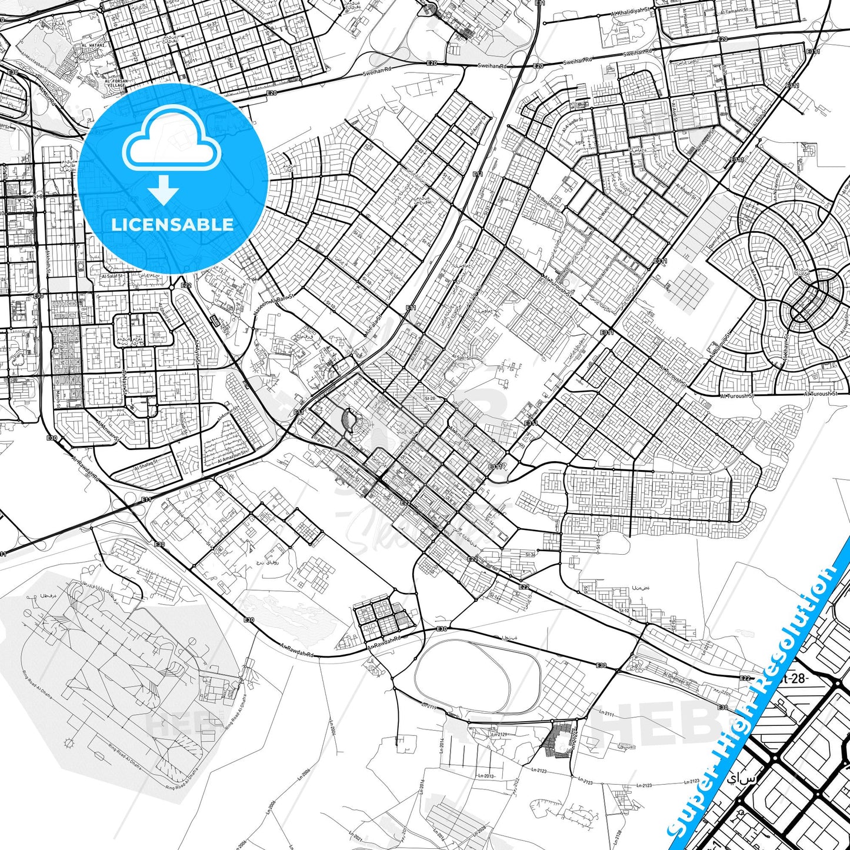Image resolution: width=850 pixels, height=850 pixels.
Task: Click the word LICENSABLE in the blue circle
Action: point(172,225)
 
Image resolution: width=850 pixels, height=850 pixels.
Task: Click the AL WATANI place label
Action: point(92,45)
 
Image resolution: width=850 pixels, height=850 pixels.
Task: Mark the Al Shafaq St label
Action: point(145,465)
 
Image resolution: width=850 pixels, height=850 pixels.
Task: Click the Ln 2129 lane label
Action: point(498,734)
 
